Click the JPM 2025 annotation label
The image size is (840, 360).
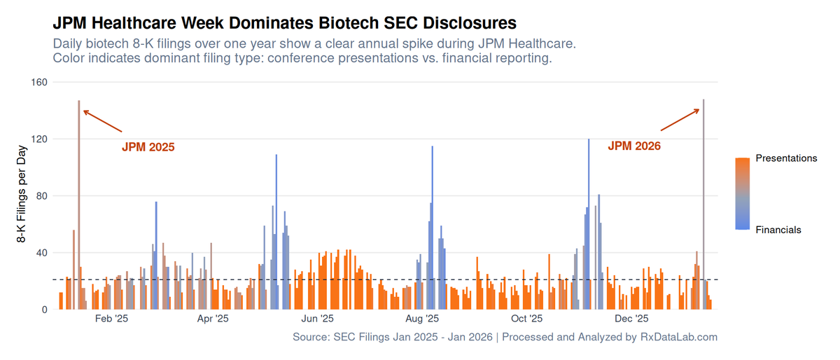click(148, 147)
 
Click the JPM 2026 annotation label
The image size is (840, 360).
click(634, 146)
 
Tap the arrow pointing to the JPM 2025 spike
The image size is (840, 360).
click(102, 121)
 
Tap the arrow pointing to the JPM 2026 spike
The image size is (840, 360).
click(680, 120)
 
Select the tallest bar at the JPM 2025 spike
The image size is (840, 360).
click(78, 205)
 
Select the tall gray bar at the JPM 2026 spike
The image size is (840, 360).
click(703, 205)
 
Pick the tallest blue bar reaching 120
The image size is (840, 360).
click(589, 224)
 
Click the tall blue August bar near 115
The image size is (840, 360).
click(432, 228)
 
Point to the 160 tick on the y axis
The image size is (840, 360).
click(39, 82)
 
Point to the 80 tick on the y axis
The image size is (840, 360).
click(42, 196)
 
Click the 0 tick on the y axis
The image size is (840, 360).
click(45, 310)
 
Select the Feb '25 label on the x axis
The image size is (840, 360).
click(111, 319)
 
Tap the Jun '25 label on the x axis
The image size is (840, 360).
click(317, 319)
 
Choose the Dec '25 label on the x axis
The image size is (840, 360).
click(631, 319)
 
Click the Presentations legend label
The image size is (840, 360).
click(786, 158)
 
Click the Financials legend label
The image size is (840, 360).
click(778, 230)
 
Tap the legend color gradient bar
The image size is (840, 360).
click(743, 194)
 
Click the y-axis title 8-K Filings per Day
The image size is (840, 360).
click(22, 194)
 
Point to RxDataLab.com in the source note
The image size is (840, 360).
click(679, 337)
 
